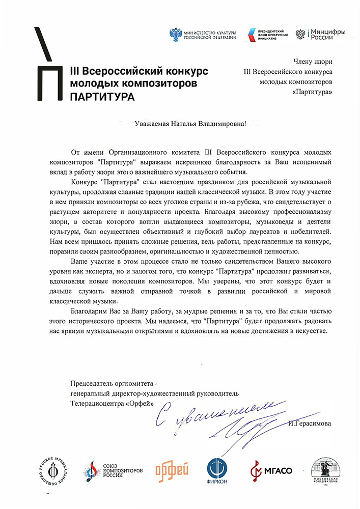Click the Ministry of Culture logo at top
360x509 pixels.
(203, 35)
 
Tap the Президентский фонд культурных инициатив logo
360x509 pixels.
(267, 35)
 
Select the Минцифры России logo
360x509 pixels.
(321, 35)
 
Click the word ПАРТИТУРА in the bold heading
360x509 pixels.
(100, 96)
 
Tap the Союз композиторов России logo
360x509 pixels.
(114, 469)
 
